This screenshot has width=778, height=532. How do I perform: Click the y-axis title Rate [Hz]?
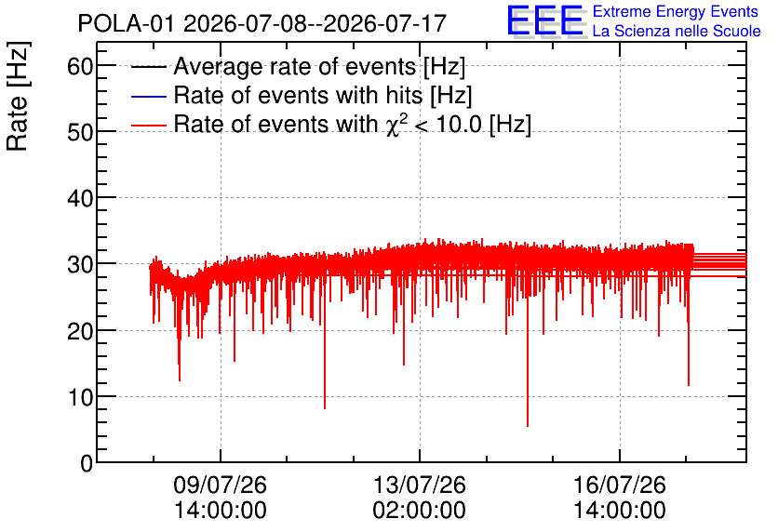point(18,96)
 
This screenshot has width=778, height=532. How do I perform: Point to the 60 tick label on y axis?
point(80,65)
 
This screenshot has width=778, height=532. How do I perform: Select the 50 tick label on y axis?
point(80,132)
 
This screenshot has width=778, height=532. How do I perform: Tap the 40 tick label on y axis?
point(80,198)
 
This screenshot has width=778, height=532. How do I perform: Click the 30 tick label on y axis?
point(80,264)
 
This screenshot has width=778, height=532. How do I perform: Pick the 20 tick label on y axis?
point(80,331)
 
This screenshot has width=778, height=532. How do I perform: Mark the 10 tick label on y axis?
point(80,396)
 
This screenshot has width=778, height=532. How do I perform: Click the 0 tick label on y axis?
point(87,463)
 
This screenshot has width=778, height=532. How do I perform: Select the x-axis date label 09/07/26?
point(221,485)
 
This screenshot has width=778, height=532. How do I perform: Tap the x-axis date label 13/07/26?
point(420,485)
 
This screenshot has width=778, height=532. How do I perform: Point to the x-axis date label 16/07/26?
point(620,485)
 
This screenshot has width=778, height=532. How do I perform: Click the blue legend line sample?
point(149,96)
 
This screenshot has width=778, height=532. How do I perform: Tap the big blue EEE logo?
point(545,20)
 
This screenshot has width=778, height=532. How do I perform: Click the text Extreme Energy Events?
point(676,11)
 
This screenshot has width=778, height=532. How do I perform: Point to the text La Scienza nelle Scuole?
point(677,31)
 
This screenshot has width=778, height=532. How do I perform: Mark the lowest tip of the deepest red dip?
point(528,426)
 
